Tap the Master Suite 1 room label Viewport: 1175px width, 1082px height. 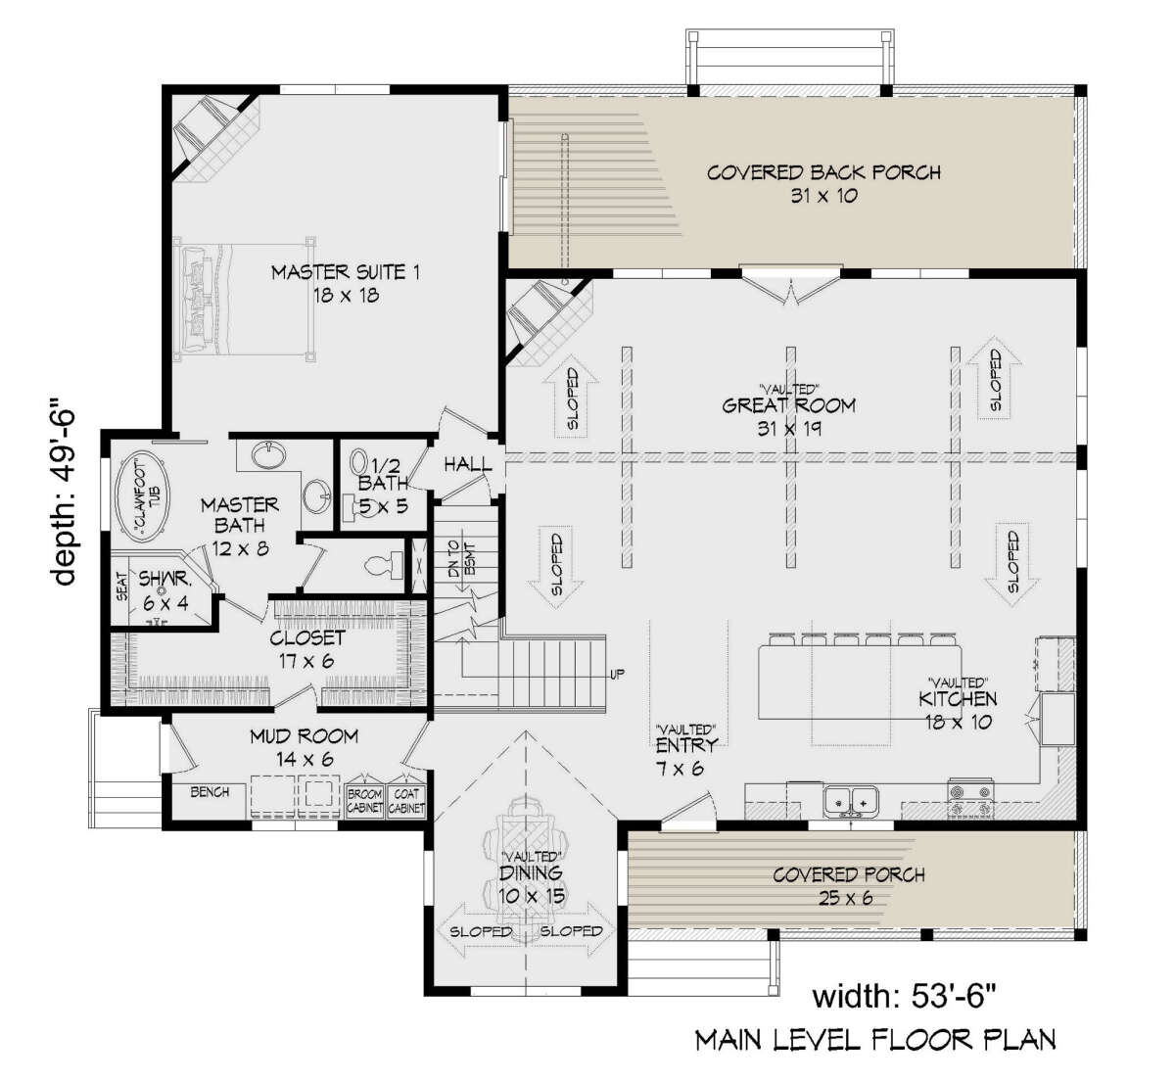pyautogui.click(x=346, y=272)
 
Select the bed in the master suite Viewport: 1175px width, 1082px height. pyautogui.click(x=244, y=299)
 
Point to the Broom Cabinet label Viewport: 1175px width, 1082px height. pyautogui.click(x=364, y=801)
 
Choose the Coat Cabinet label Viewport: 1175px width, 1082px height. pyautogui.click(x=406, y=801)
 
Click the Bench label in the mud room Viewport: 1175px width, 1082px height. pyautogui.click(x=210, y=792)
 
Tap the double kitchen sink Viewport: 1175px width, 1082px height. pyautogui.click(x=851, y=800)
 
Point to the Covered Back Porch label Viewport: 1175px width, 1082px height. pyautogui.click(x=823, y=172)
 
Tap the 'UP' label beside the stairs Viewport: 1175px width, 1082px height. pyautogui.click(x=617, y=675)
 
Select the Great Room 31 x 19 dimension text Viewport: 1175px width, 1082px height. pyautogui.click(x=789, y=429)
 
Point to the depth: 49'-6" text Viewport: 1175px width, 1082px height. pyautogui.click(x=63, y=493)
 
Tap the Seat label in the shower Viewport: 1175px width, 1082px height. pyautogui.click(x=121, y=586)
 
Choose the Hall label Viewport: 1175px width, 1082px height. pyautogui.click(x=467, y=464)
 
